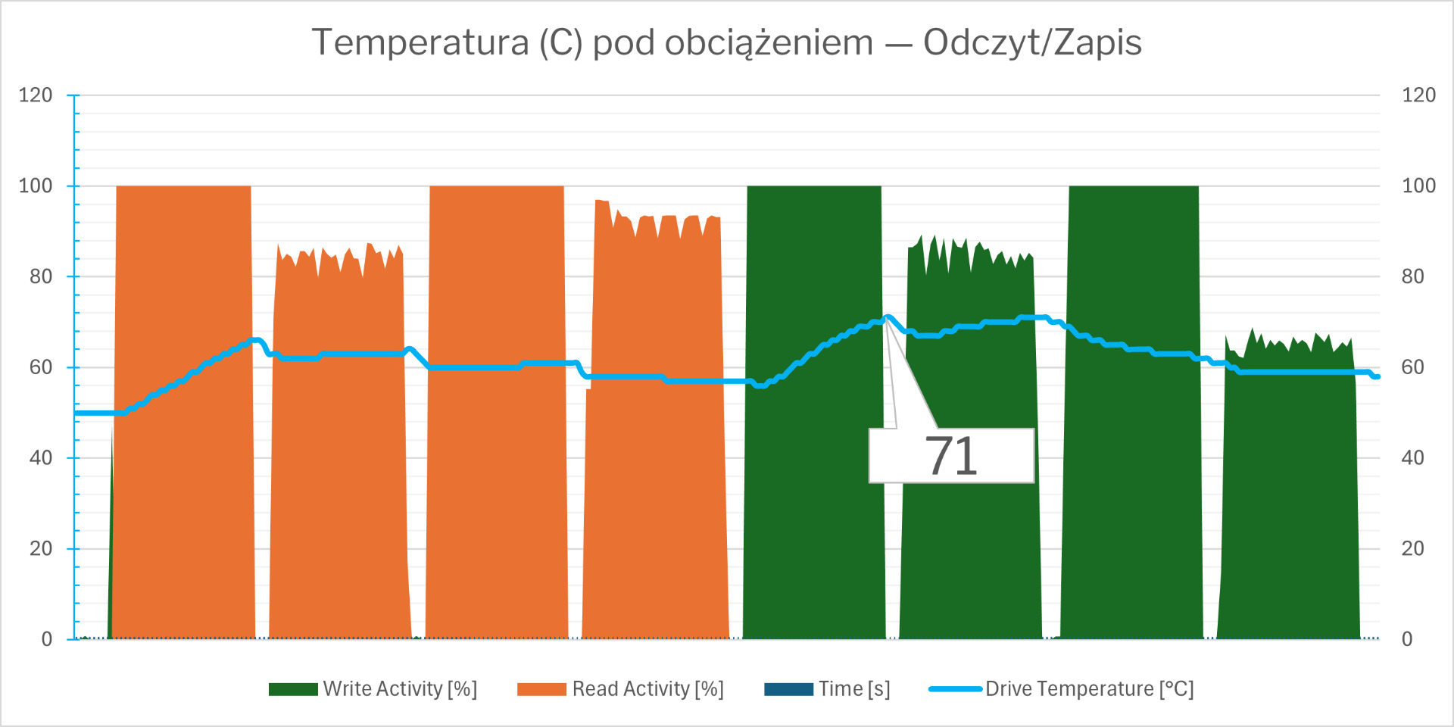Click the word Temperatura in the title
tap(420, 42)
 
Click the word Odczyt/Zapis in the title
tap(1032, 42)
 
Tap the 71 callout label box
tap(951, 456)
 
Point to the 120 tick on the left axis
tap(36, 95)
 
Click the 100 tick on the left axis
tap(36, 186)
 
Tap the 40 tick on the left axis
tap(41, 458)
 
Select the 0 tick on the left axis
tap(47, 639)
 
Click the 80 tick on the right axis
tap(1412, 276)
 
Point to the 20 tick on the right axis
tap(1412, 548)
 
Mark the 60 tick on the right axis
tap(1412, 367)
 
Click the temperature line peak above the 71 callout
tap(888, 317)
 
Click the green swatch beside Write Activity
tap(293, 689)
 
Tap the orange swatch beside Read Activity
tap(541, 689)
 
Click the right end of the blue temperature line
tap(1377, 376)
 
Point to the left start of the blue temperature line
tap(77, 413)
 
